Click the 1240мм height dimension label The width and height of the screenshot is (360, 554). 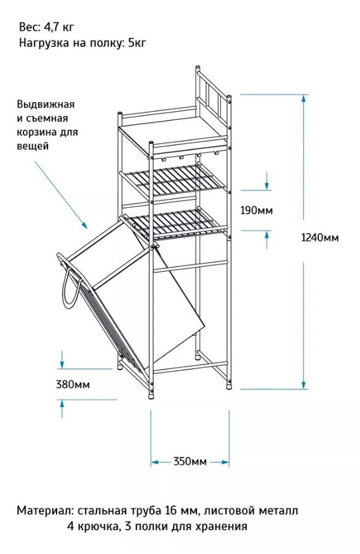tap(319, 237)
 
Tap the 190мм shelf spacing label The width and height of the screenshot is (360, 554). tap(257, 210)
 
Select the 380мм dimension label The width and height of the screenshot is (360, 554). tap(73, 384)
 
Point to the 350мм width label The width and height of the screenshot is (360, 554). tap(190, 461)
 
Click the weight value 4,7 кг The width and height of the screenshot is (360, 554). tap(59, 27)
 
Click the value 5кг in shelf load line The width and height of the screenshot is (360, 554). tap(137, 43)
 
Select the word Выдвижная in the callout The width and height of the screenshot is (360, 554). tap(46, 105)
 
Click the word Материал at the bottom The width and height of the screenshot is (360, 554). tap(44, 510)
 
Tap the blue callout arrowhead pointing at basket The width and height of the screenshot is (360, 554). tap(84, 224)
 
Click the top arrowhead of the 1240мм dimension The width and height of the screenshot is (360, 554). tap(303, 98)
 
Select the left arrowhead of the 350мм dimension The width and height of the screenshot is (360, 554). tap(155, 462)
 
